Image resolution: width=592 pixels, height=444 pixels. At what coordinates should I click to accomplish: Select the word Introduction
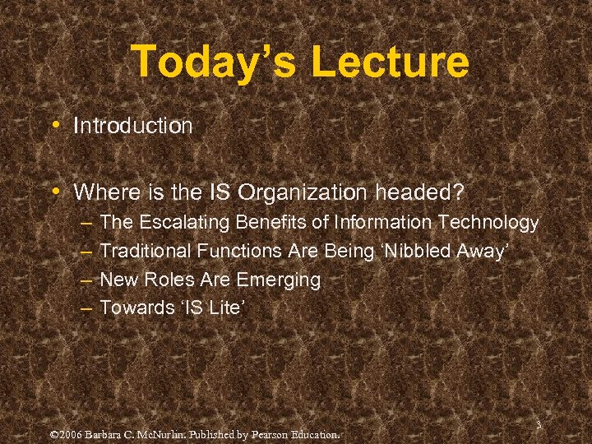tap(132, 126)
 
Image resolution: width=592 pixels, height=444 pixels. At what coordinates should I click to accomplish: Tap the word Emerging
tap(278, 280)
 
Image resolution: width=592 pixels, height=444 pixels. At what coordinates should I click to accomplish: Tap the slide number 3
tap(537, 425)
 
